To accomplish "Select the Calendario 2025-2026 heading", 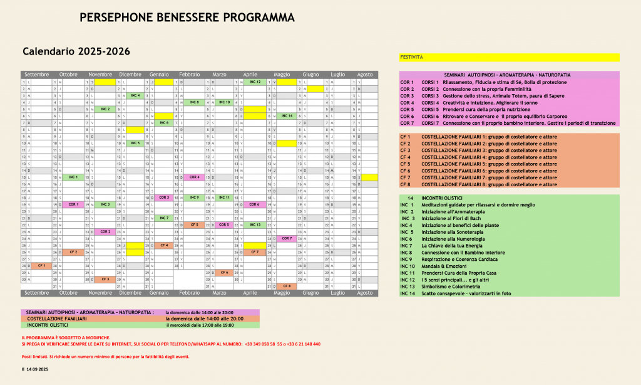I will (x=76, y=51).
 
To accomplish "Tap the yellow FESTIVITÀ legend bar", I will (x=509, y=57).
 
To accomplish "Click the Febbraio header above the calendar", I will (x=189, y=75).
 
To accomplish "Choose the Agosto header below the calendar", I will (x=365, y=293).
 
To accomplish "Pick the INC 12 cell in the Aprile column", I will (x=255, y=82).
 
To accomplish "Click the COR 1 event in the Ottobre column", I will (x=73, y=204).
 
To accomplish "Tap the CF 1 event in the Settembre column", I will (x=41, y=265).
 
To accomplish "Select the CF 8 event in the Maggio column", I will (x=287, y=286).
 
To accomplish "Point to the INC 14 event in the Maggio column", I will (x=287, y=116).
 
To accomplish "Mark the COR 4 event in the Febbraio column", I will (x=194, y=177).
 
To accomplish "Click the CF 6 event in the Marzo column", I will (x=224, y=272).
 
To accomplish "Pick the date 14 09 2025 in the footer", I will (x=38, y=370).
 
